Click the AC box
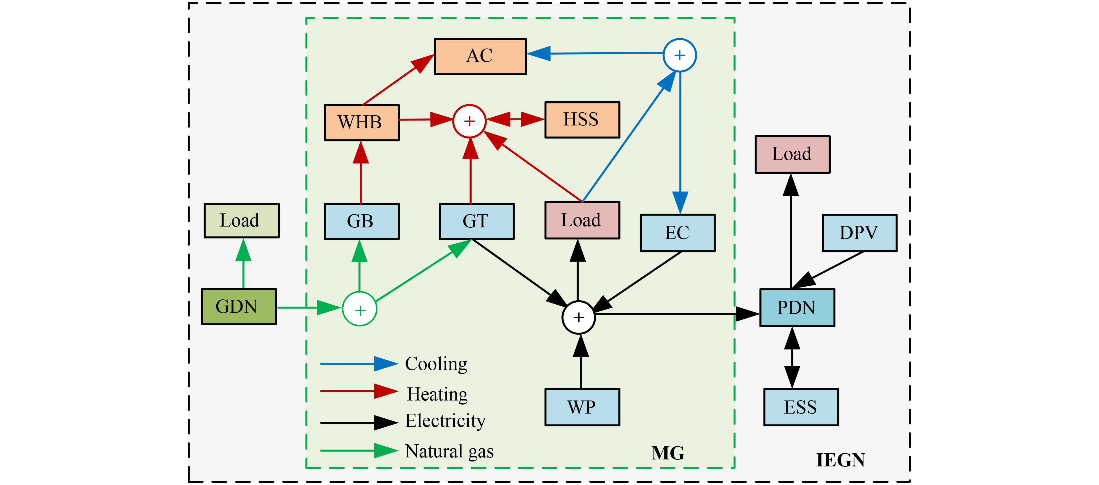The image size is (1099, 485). [480, 56]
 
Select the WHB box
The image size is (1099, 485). [361, 122]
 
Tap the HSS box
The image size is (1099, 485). [582, 120]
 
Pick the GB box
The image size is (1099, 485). [361, 221]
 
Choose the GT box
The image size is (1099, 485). [477, 221]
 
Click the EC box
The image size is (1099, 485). [677, 233]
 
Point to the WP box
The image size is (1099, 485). [582, 407]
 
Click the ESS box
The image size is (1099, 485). [801, 407]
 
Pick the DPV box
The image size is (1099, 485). [859, 233]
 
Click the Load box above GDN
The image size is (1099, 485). [242, 220]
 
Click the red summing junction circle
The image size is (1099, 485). [469, 121]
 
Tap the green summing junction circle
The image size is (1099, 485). [360, 309]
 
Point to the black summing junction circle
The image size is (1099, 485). [579, 317]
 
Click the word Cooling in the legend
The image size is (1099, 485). [436, 364]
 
